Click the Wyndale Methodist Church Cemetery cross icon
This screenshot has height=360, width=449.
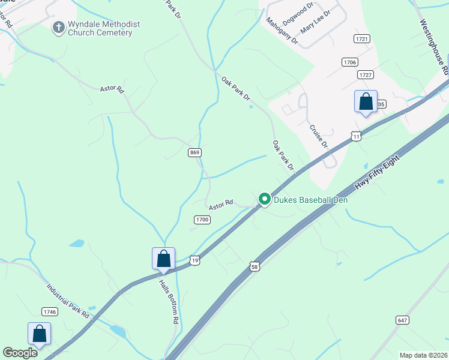coord(58,28)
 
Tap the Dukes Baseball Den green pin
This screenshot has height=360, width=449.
coord(264,199)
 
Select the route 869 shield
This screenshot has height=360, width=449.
coord(194,153)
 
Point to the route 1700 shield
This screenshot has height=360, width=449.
coord(202,220)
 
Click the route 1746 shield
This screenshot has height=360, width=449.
coord(50,311)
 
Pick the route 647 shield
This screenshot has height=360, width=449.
coord(402,320)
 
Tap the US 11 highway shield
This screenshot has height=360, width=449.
coord(357,137)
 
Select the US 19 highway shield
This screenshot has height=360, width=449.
coord(194,260)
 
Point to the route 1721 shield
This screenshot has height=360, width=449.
coord(362,38)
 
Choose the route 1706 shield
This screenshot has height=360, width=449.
coord(350,62)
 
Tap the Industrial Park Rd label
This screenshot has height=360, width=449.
coord(68,299)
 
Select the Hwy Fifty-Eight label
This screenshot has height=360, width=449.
coord(378,173)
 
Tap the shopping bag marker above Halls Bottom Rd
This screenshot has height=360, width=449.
coord(163,259)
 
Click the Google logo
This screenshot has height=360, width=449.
coord(20,353)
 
